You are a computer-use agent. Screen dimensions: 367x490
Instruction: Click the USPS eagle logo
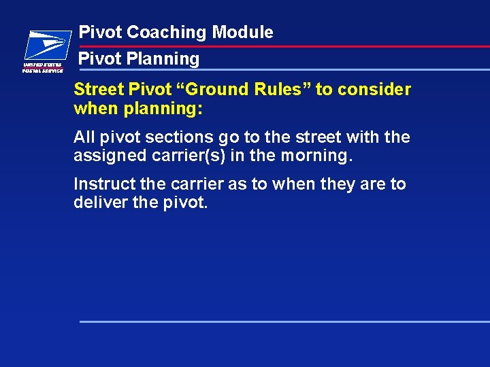[x=46, y=46]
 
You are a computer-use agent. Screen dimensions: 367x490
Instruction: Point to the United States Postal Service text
[x=43, y=67]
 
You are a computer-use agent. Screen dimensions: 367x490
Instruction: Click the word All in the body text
[x=84, y=137]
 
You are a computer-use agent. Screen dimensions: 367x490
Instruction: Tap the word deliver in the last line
[x=96, y=203]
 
